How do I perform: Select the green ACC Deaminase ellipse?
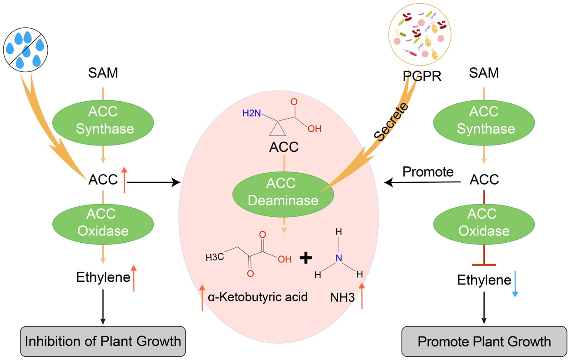[283, 192]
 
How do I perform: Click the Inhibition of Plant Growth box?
[103, 341]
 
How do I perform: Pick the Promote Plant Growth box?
[484, 341]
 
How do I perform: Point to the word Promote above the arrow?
[428, 172]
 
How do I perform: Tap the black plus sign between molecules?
[307, 258]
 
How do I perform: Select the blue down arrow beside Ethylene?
[515, 284]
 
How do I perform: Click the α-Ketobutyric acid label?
[258, 297]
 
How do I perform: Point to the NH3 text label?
[342, 298]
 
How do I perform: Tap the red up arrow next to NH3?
[362, 295]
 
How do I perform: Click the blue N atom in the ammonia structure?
[338, 258]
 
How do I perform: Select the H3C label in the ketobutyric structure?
[214, 258]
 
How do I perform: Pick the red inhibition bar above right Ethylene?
[484, 264]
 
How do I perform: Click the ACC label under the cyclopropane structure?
[284, 147]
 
